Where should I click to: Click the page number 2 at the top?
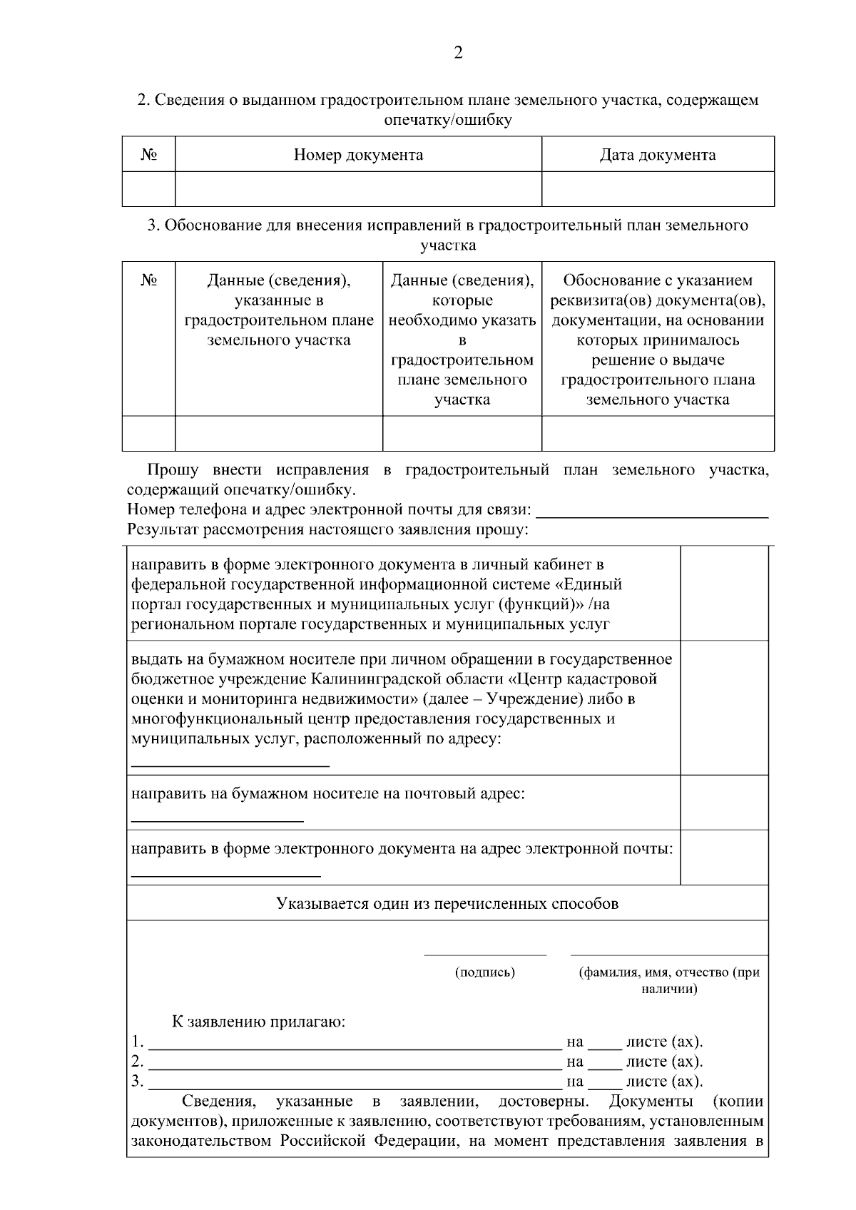click(x=458, y=53)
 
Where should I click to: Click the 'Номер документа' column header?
click(x=358, y=155)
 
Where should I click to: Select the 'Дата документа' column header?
click(x=658, y=155)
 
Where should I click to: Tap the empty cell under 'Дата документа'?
click(x=658, y=189)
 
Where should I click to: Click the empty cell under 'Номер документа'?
click(x=358, y=189)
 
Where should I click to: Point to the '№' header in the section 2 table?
click(x=148, y=155)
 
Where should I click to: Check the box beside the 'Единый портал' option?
click(x=724, y=594)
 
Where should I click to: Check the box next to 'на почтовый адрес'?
click(x=724, y=803)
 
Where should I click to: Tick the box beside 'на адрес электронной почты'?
click(x=724, y=858)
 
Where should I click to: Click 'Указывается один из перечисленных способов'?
click(x=447, y=904)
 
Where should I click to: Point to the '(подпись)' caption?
click(x=485, y=972)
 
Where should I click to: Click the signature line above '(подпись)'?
click(x=485, y=953)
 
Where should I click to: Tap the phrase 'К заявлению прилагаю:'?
click(x=259, y=1022)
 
